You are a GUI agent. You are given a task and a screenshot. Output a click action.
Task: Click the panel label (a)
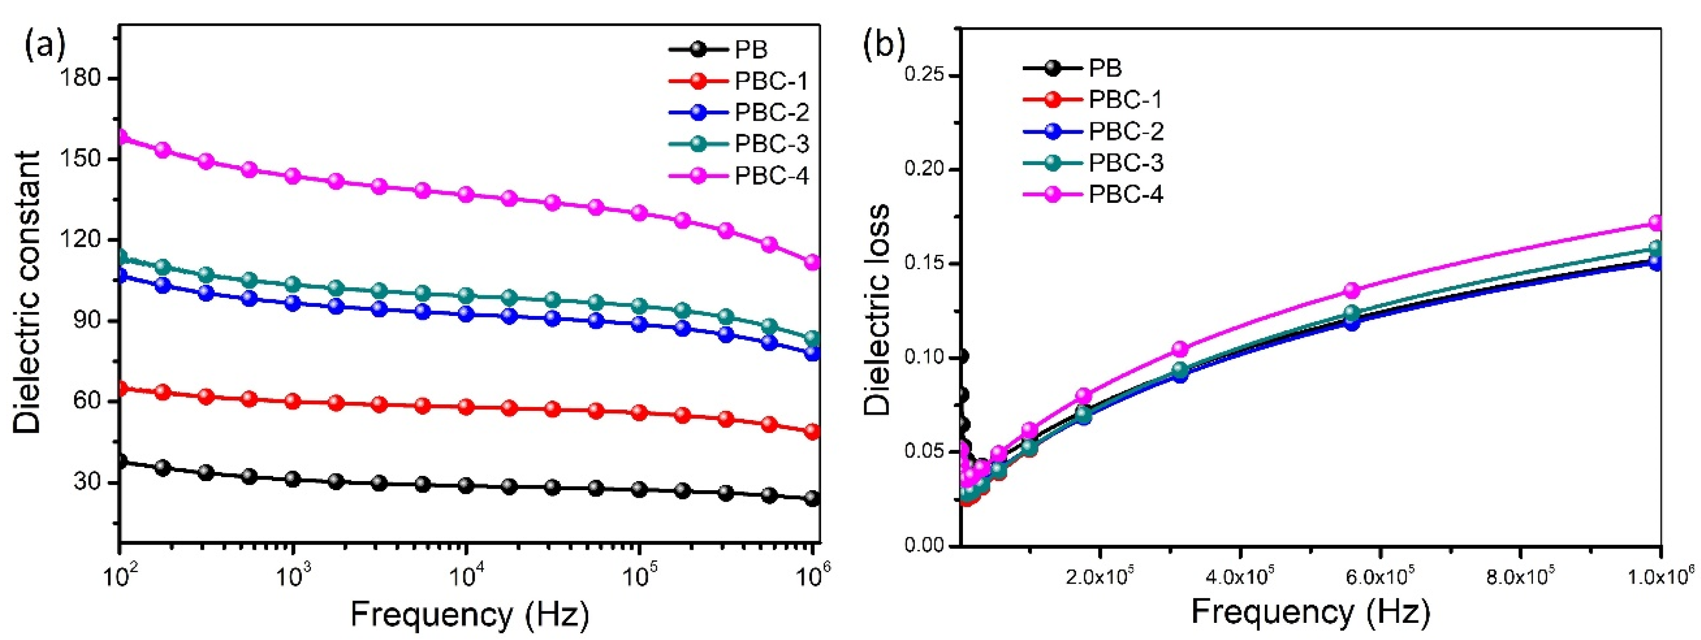[x=45, y=45]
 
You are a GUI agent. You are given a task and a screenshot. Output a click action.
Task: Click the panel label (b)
[x=884, y=45]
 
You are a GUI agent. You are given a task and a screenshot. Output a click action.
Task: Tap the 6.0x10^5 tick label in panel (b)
[x=1380, y=576]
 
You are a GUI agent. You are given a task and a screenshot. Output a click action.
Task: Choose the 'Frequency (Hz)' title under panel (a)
[x=469, y=614]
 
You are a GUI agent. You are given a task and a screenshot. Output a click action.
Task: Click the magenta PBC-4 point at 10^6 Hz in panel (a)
[x=812, y=262]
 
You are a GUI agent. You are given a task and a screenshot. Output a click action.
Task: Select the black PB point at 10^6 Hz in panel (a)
[x=812, y=498]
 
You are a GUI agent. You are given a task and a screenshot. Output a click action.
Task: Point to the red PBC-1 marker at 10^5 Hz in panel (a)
[x=639, y=412]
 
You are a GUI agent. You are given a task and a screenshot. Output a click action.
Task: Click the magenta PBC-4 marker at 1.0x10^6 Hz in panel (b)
[x=1656, y=223]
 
